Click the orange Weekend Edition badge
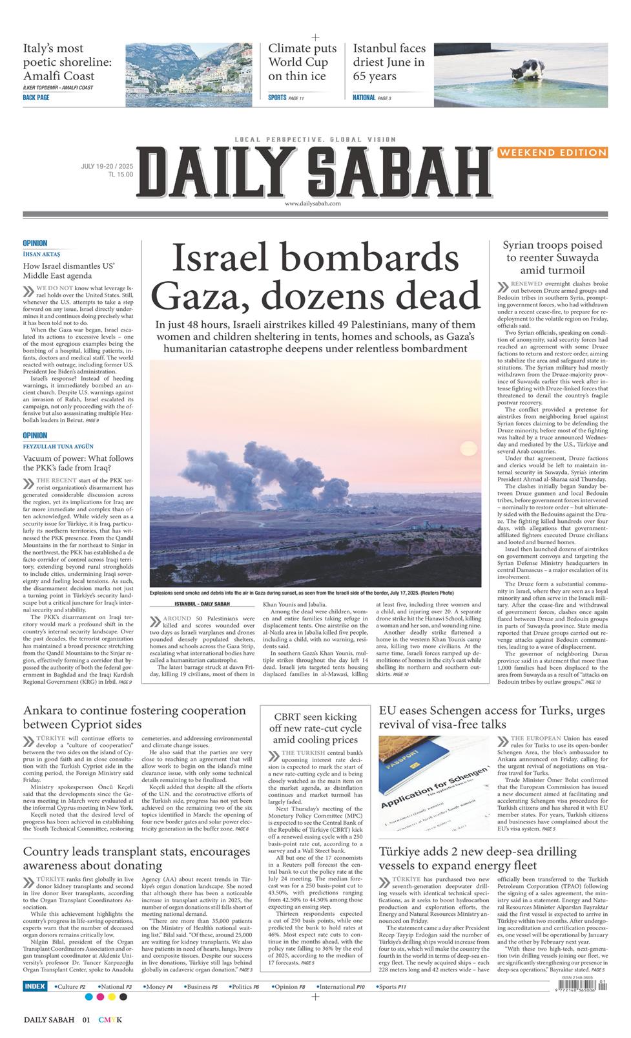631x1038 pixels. [x=552, y=153]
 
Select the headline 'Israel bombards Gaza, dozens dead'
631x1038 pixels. [x=316, y=278]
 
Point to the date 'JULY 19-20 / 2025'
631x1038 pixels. [x=107, y=166]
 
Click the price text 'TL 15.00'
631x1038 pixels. [x=120, y=175]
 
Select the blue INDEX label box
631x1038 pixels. [x=35, y=986]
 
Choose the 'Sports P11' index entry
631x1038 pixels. [x=392, y=987]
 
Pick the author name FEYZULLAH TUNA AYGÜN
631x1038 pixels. [x=58, y=447]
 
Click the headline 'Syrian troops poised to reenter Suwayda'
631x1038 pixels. [x=552, y=257]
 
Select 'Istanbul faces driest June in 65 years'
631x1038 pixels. [x=389, y=62]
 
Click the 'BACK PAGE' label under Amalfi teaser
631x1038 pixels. [x=36, y=98]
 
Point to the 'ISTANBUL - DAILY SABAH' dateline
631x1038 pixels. [x=202, y=604]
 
